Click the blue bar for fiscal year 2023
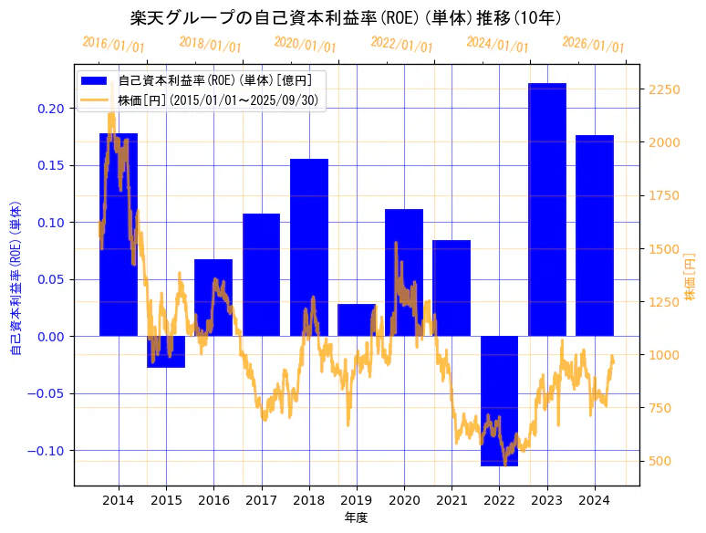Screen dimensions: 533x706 (547, 210)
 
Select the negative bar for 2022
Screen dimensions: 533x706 (499, 401)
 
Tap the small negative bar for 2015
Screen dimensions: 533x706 (166, 352)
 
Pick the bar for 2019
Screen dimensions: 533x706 (357, 319)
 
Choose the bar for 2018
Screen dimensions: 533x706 (309, 247)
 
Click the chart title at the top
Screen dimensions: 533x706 (346, 18)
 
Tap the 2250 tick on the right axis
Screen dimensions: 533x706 (663, 89)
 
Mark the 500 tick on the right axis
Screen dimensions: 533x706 (659, 461)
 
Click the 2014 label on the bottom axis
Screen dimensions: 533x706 (119, 500)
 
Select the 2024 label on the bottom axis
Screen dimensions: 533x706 (595, 500)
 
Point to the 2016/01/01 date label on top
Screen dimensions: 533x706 (113, 45)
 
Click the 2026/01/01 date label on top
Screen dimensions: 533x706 (593, 45)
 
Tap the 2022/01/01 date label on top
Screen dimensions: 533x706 (401, 45)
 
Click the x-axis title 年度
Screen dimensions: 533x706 (356, 518)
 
